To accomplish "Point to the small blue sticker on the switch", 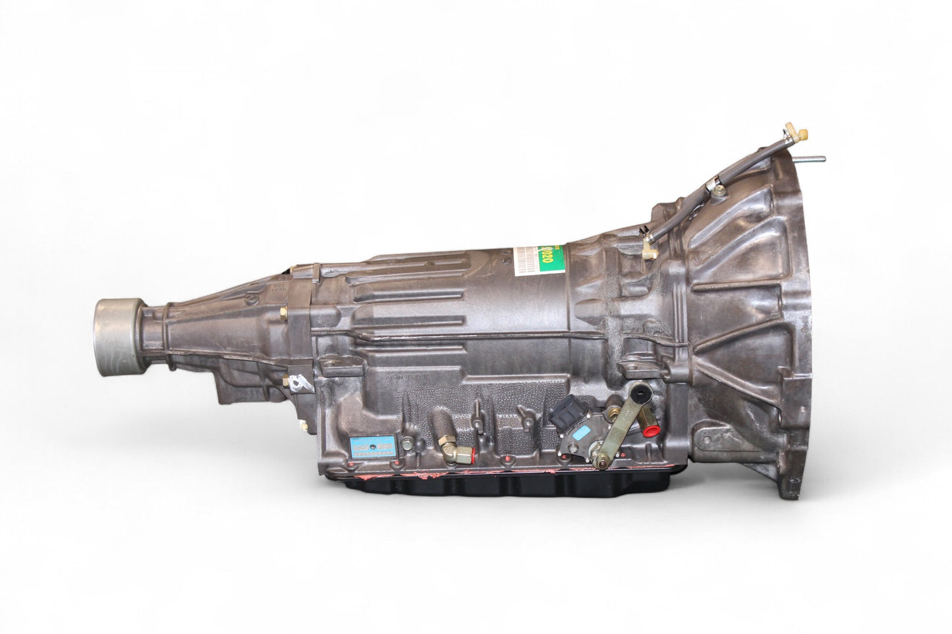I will pyautogui.click(x=582, y=433).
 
